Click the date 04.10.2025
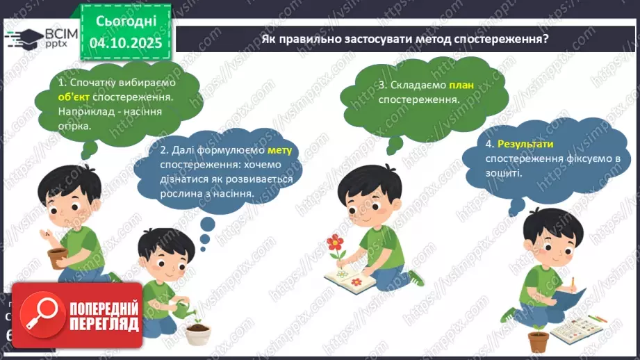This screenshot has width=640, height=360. (x=126, y=43)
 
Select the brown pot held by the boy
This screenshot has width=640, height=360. (x=58, y=258)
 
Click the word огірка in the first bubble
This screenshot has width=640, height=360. (x=75, y=126)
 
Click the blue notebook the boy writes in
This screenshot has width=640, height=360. (x=568, y=300)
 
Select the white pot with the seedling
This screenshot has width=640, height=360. (x=197, y=334)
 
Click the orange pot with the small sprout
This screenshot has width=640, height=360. (x=538, y=340)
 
